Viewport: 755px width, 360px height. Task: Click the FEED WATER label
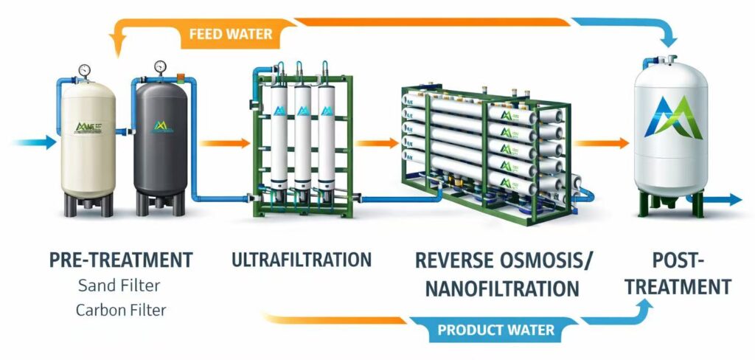click(x=231, y=34)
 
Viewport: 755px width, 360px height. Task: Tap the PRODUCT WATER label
click(x=496, y=330)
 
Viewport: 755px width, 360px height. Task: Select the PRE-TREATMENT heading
click(x=121, y=260)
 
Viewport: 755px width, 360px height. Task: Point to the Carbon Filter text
click(x=121, y=310)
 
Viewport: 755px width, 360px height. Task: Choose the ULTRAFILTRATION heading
click(x=301, y=260)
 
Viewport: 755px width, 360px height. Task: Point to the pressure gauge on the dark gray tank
click(x=161, y=68)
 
